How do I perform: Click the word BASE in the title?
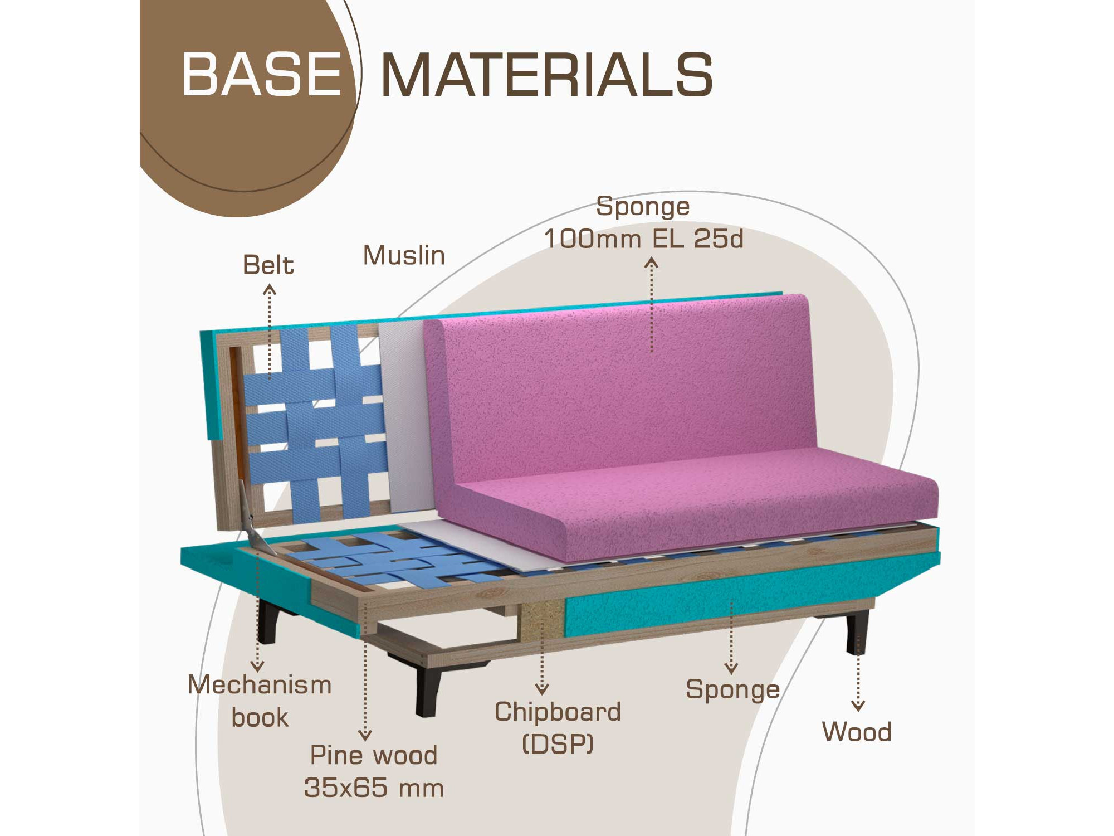pyautogui.click(x=261, y=74)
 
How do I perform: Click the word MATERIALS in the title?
pyautogui.click(x=546, y=75)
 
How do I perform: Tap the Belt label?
pyautogui.click(x=268, y=265)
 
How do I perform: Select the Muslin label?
pyautogui.click(x=404, y=255)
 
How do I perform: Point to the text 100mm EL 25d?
pyautogui.click(x=643, y=239)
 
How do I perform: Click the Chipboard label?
pyautogui.click(x=558, y=712)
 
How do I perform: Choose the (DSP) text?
pyautogui.click(x=558, y=743)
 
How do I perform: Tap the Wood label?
pyautogui.click(x=857, y=732)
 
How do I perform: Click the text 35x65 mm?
pyautogui.click(x=374, y=788)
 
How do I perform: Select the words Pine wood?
pyautogui.click(x=373, y=755)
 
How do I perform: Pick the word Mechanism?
pyautogui.click(x=260, y=684)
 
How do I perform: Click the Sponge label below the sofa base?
pyautogui.click(x=732, y=690)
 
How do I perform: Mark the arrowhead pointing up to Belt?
pyautogui.click(x=270, y=289)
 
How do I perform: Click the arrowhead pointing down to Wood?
pyautogui.click(x=858, y=706)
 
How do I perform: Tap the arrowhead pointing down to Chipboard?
pyautogui.click(x=542, y=690)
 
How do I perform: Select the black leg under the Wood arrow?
pyautogui.click(x=857, y=633)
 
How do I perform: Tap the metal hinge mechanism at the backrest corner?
pyautogui.click(x=249, y=516)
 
